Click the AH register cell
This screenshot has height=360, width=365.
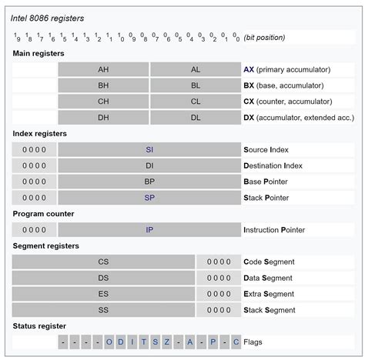[103, 69]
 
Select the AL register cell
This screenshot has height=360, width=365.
[196, 69]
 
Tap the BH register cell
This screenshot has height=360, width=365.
[103, 85]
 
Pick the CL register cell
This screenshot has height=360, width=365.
[196, 102]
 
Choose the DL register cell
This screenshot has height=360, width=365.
[196, 118]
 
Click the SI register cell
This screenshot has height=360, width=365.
[149, 149]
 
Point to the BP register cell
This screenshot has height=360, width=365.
[149, 182]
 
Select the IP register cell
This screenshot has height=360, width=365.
[149, 229]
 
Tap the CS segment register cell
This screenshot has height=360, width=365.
[103, 262]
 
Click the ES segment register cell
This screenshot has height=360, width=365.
[103, 294]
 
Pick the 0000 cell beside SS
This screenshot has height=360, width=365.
[219, 310]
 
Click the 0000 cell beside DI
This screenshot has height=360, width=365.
[34, 165]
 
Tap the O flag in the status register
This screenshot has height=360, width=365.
[109, 342]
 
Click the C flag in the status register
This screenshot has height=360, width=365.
[236, 342]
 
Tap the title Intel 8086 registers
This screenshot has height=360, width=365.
[48, 17]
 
